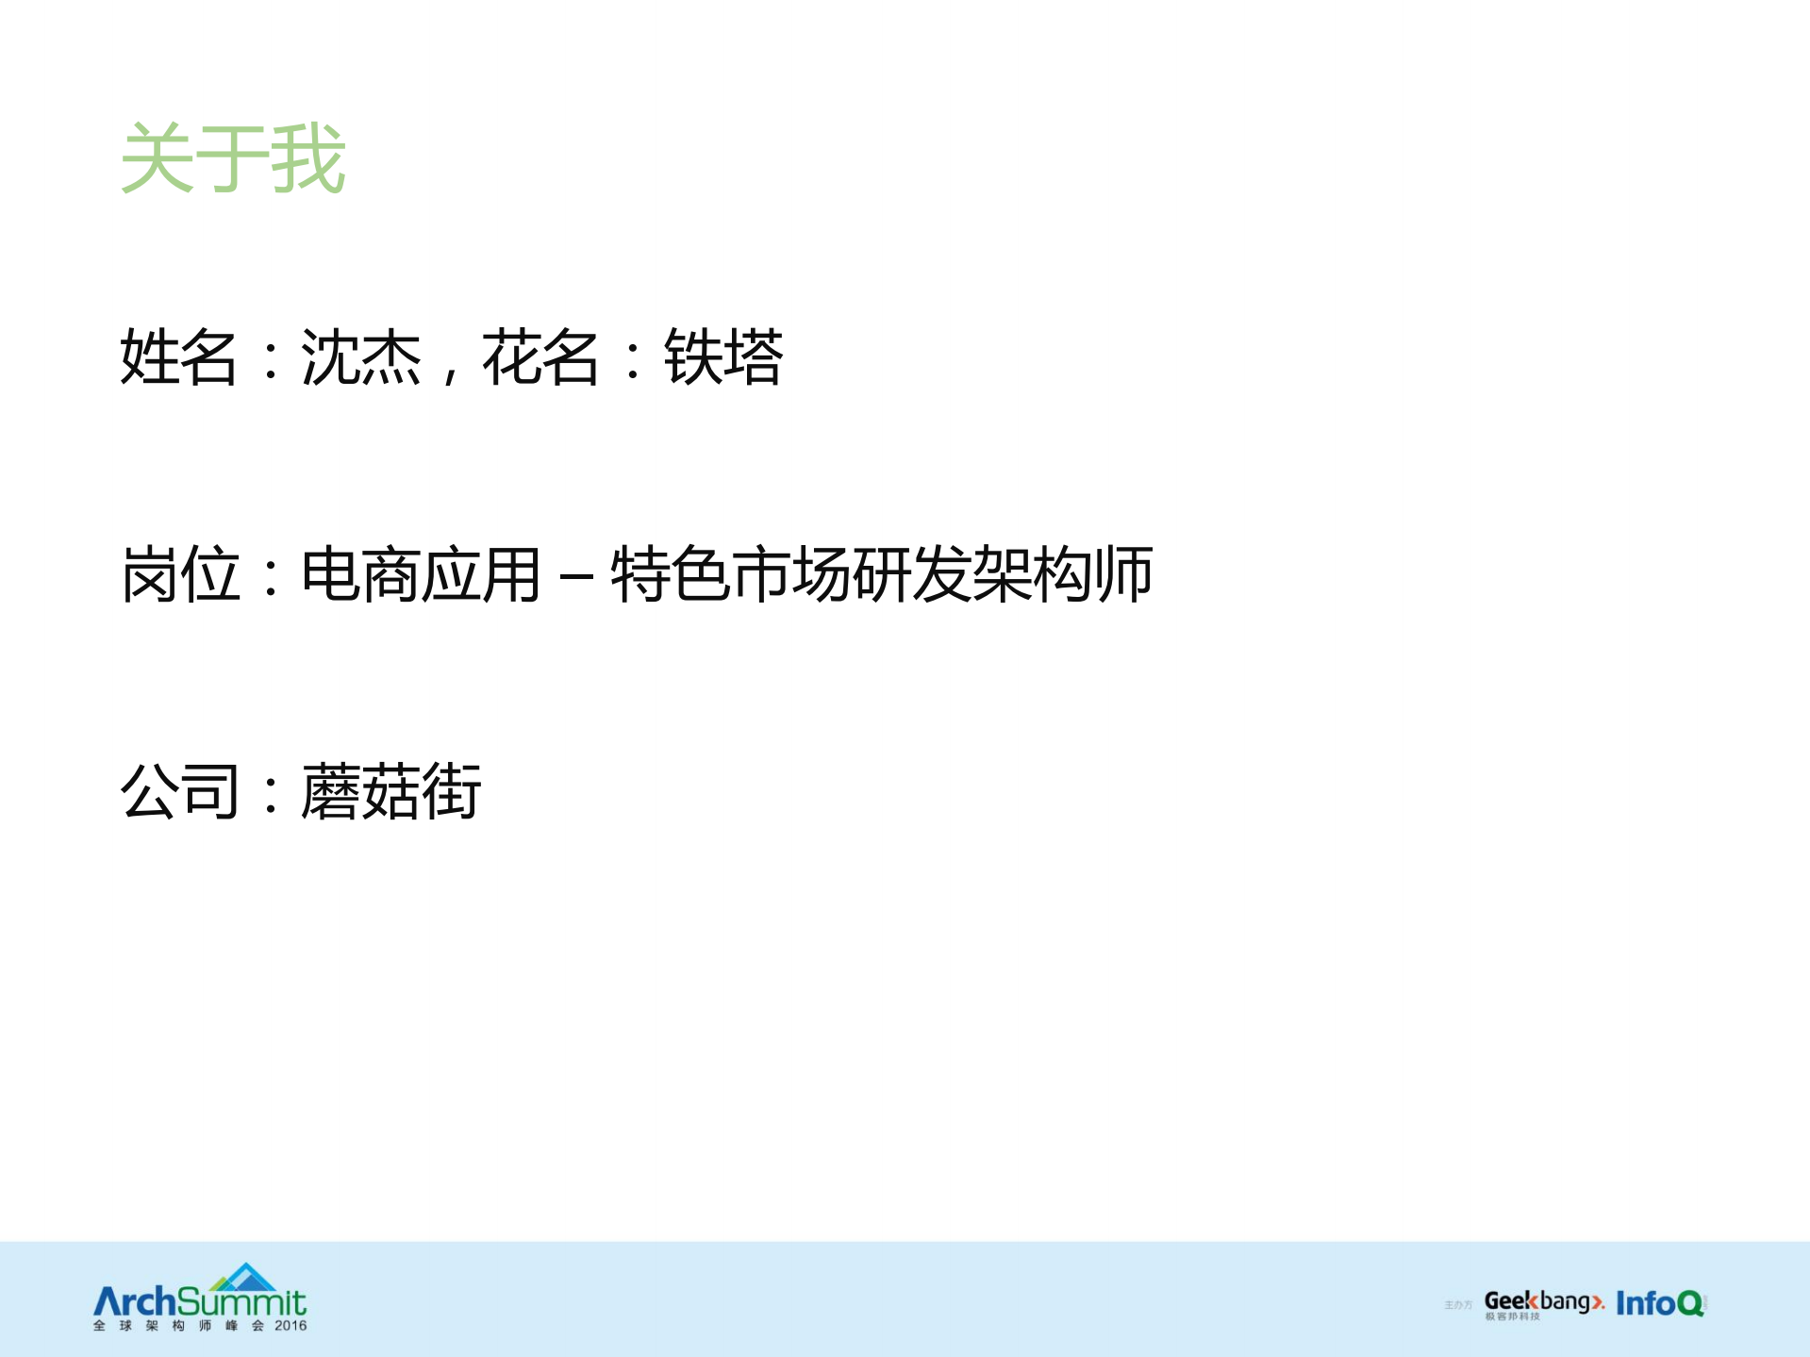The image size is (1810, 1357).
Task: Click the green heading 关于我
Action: coord(233,158)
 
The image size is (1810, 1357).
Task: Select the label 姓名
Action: coord(178,357)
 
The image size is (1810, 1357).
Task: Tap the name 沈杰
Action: coord(360,357)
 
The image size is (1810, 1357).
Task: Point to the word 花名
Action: coord(540,357)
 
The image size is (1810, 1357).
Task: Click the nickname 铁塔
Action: coord(723,357)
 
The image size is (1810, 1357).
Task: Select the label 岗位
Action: coord(179,574)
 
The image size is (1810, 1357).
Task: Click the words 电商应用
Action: coord(421,574)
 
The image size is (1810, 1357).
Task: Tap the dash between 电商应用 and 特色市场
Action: coord(575,574)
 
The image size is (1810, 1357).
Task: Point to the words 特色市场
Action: coord(731,574)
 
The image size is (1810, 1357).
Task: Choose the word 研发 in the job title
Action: coord(911,574)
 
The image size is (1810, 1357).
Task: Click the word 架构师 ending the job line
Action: coord(1062,574)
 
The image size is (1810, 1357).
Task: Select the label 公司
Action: coord(179,791)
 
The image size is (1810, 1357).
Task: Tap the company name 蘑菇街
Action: coord(391,791)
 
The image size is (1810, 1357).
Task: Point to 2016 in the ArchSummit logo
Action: coord(291,1326)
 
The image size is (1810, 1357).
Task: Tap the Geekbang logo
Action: coord(1543,1303)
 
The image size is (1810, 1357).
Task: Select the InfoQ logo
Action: coord(1660,1303)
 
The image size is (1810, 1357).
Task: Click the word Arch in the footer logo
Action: coord(135,1302)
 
